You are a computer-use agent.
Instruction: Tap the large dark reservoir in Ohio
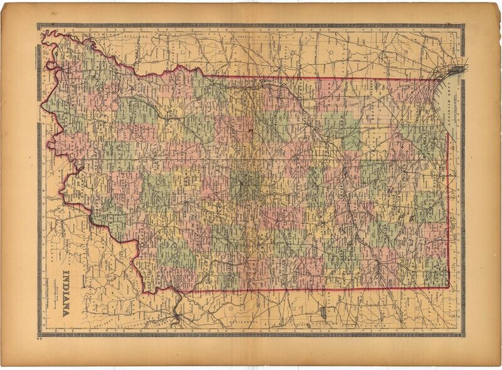(x=324, y=312)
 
